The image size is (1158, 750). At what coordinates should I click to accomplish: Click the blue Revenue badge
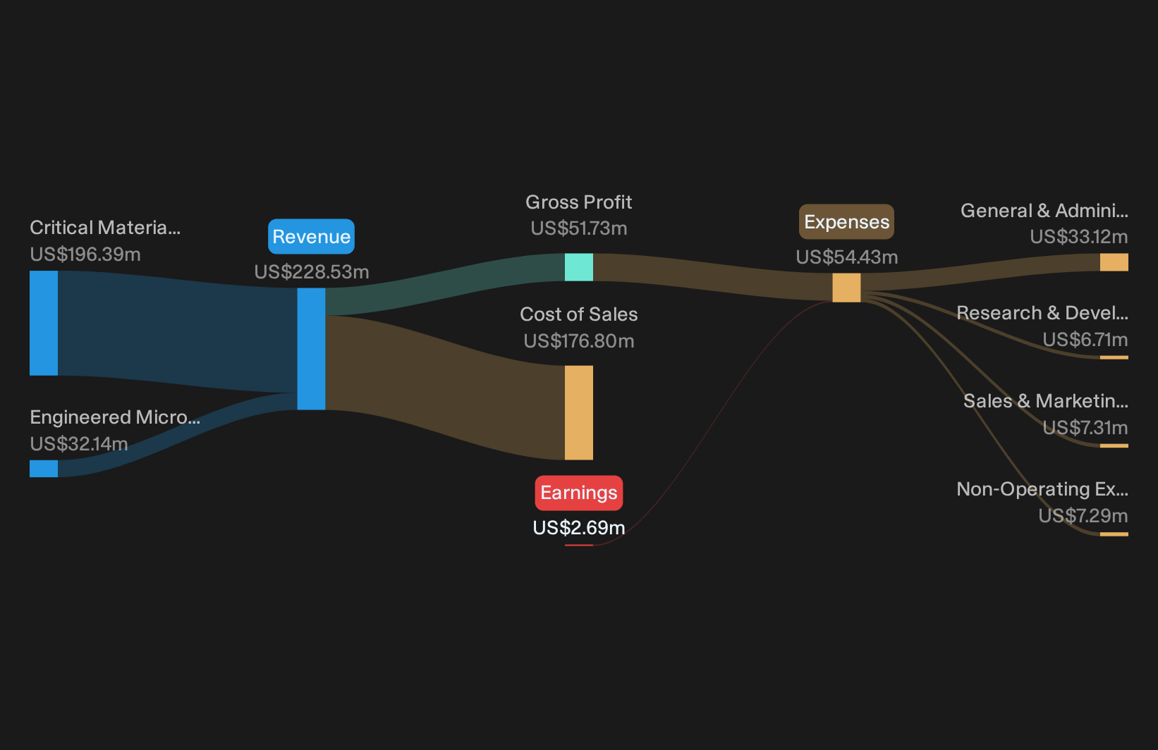[x=311, y=236]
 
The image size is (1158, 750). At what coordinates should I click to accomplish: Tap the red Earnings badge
[x=579, y=493]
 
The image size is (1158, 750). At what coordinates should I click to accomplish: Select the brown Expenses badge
[x=847, y=222]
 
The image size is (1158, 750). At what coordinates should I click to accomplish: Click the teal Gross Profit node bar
[x=579, y=267]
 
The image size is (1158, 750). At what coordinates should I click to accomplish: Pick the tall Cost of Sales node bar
[x=579, y=412]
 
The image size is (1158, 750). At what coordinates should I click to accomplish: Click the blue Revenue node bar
[x=311, y=349]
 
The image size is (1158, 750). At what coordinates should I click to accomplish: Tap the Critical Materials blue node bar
[x=44, y=323]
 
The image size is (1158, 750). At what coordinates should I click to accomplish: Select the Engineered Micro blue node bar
[x=44, y=468]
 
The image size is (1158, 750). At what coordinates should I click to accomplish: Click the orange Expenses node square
[x=847, y=288]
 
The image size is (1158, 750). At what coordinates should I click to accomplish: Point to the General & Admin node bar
[x=1114, y=262]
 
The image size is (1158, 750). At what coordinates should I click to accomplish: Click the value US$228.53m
[x=312, y=272]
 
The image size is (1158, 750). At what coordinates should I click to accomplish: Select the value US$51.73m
[x=579, y=228]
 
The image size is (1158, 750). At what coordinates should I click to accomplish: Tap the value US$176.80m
[x=579, y=341]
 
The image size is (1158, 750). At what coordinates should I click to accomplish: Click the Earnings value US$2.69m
[x=579, y=528]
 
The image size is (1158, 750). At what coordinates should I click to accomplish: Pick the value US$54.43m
[x=847, y=257]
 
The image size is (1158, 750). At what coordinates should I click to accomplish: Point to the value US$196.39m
[x=85, y=254]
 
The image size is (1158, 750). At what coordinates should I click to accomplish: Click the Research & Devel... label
[x=1042, y=313]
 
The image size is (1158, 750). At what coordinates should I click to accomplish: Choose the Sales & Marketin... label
[x=1046, y=401]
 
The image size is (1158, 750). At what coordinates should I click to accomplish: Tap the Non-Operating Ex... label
[x=1042, y=489]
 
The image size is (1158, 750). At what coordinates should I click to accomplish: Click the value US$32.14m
[x=79, y=444]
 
